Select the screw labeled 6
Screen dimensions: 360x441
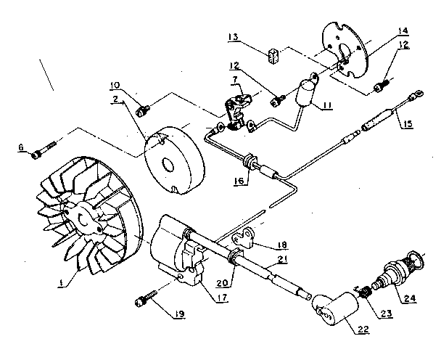coord(43,152)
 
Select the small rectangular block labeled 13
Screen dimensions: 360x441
coord(275,55)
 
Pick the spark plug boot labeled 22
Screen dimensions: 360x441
coord(331,313)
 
